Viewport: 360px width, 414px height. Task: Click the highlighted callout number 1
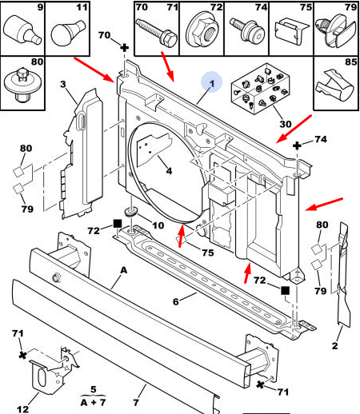[x=212, y=83]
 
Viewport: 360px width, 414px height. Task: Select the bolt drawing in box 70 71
[x=157, y=32]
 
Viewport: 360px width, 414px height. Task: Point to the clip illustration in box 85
[x=335, y=85]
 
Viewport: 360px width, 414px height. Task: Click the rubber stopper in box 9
[x=22, y=30]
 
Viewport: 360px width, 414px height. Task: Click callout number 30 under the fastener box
[x=286, y=124]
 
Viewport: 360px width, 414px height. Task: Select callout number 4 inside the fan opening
[x=169, y=170]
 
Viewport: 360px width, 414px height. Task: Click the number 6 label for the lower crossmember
[x=175, y=301]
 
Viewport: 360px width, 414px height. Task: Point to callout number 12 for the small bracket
[x=22, y=409]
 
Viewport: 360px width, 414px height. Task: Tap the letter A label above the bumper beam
[x=124, y=270]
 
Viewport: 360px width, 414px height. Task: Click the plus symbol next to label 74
[x=297, y=145]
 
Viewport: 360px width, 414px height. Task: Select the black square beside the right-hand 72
[x=285, y=290]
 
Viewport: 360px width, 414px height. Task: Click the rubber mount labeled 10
[x=131, y=212]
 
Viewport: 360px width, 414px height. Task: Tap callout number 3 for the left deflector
[x=62, y=84]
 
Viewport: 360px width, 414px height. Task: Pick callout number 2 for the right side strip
[x=334, y=345]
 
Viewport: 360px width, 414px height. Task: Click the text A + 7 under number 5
[x=93, y=402]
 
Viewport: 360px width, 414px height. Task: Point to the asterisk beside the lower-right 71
[x=260, y=384]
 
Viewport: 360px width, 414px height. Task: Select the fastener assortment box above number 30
[x=260, y=89]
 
